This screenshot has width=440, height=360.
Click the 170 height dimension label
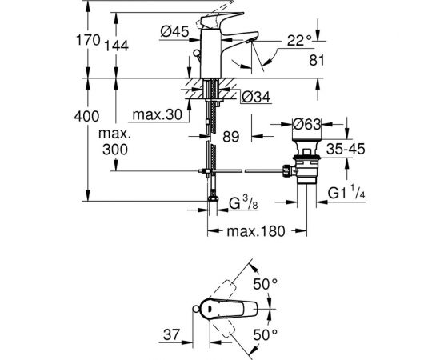(88, 40)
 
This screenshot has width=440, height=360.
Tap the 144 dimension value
(117, 46)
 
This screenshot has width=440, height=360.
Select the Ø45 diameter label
(174, 31)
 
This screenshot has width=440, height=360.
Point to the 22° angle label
(299, 41)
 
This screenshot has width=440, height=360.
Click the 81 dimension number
(317, 60)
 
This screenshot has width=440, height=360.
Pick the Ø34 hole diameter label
(256, 97)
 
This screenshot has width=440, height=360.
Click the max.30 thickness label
(157, 114)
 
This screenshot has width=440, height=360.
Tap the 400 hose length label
(86, 116)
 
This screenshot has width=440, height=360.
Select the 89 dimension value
(231, 137)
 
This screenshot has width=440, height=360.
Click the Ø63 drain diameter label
(306, 124)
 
